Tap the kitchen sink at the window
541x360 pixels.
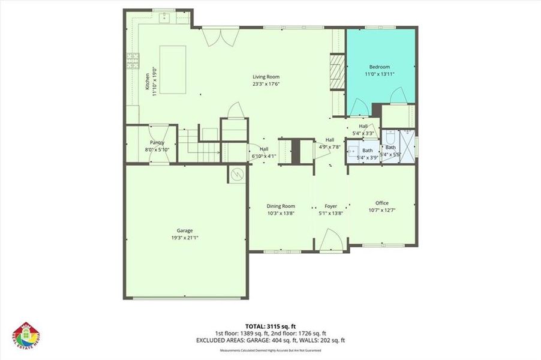tap(164, 18)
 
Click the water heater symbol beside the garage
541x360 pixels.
tap(236, 174)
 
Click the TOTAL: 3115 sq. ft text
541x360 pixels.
tap(270, 326)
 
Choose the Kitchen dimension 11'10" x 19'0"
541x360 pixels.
tap(154, 82)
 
